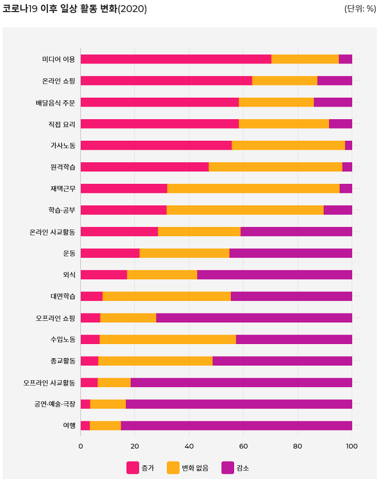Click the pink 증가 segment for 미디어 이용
(x=176, y=59)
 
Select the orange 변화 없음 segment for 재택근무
(x=253, y=188)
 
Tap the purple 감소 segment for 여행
(x=236, y=425)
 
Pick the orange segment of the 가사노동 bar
(x=288, y=145)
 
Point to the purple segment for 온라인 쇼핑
(x=334, y=80)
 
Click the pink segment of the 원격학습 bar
(x=144, y=166)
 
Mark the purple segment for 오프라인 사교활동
(x=241, y=382)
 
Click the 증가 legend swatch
(x=133, y=467)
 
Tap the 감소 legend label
(x=242, y=467)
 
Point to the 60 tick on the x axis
(x=244, y=446)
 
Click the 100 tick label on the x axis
(x=352, y=446)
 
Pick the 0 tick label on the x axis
(x=80, y=446)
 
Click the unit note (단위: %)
(x=360, y=8)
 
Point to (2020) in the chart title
(x=132, y=8)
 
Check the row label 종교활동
(x=62, y=361)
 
